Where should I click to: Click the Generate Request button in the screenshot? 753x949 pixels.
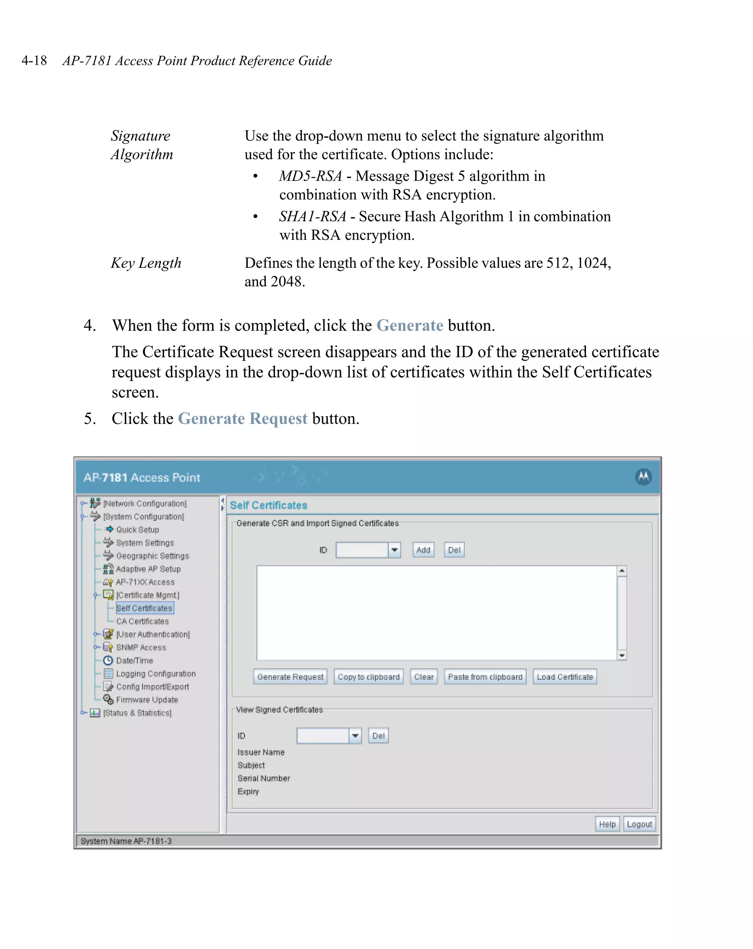coord(290,677)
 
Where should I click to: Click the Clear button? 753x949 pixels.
coord(424,677)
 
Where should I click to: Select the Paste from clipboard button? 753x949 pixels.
coord(485,677)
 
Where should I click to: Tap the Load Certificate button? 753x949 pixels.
coord(564,677)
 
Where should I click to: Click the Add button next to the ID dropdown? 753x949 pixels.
coord(423,550)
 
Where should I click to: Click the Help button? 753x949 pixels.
coord(607,824)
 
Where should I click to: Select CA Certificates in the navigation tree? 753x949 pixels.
coord(142,621)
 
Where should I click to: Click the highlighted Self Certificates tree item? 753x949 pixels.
coord(144,608)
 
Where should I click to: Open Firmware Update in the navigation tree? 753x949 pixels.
coord(147,700)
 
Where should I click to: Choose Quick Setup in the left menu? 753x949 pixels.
coord(137,530)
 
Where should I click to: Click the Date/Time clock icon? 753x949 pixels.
coord(108,660)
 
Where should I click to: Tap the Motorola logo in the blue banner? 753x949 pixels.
coord(643,477)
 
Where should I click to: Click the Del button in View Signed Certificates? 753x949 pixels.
coord(378,736)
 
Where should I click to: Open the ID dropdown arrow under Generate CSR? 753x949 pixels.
coord(395,550)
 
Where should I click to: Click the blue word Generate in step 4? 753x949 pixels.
coord(410,325)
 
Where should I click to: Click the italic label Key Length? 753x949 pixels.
coord(146,263)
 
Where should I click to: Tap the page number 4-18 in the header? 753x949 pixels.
coord(34,60)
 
